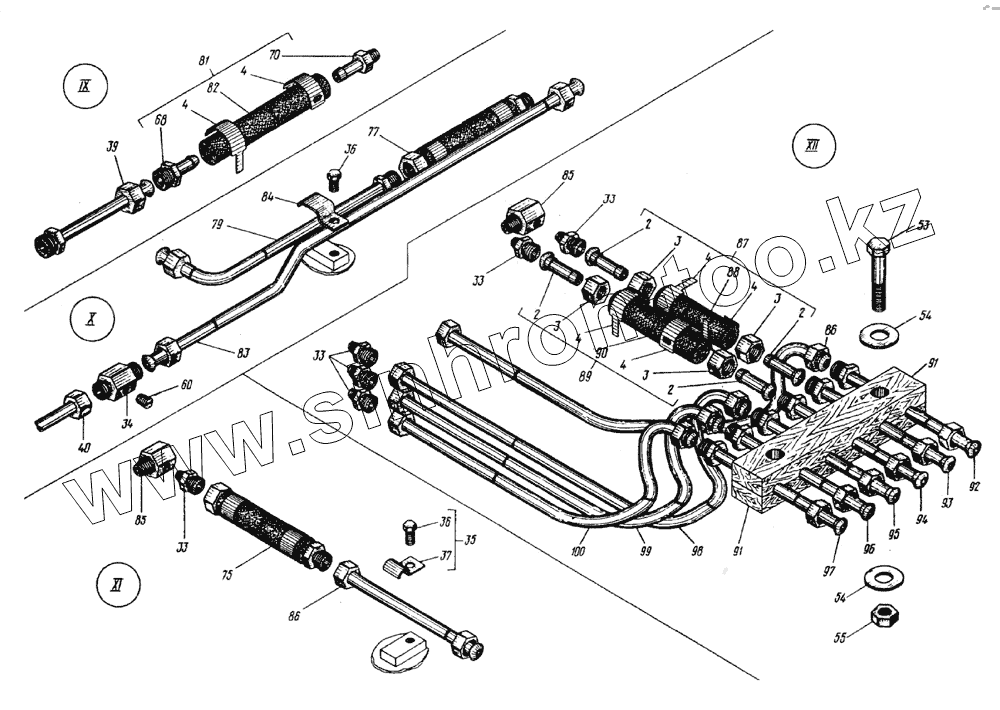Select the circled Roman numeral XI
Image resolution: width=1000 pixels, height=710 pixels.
[x=117, y=586]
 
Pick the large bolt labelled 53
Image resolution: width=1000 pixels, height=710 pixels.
[x=877, y=274]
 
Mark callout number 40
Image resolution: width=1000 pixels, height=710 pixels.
[x=83, y=447]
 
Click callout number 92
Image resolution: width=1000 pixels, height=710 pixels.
[x=974, y=486]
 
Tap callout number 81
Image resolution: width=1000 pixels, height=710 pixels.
[x=205, y=62]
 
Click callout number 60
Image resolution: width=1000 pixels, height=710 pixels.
[x=186, y=384]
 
